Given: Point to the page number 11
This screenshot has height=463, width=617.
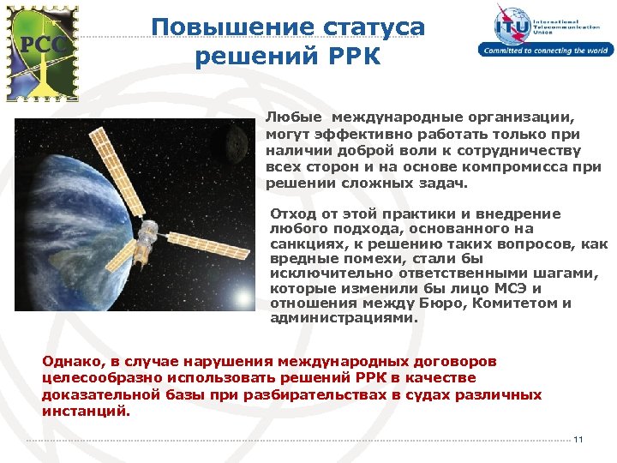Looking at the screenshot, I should coord(578,440).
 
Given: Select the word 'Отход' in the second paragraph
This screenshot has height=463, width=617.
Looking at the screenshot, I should coord(289,213).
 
